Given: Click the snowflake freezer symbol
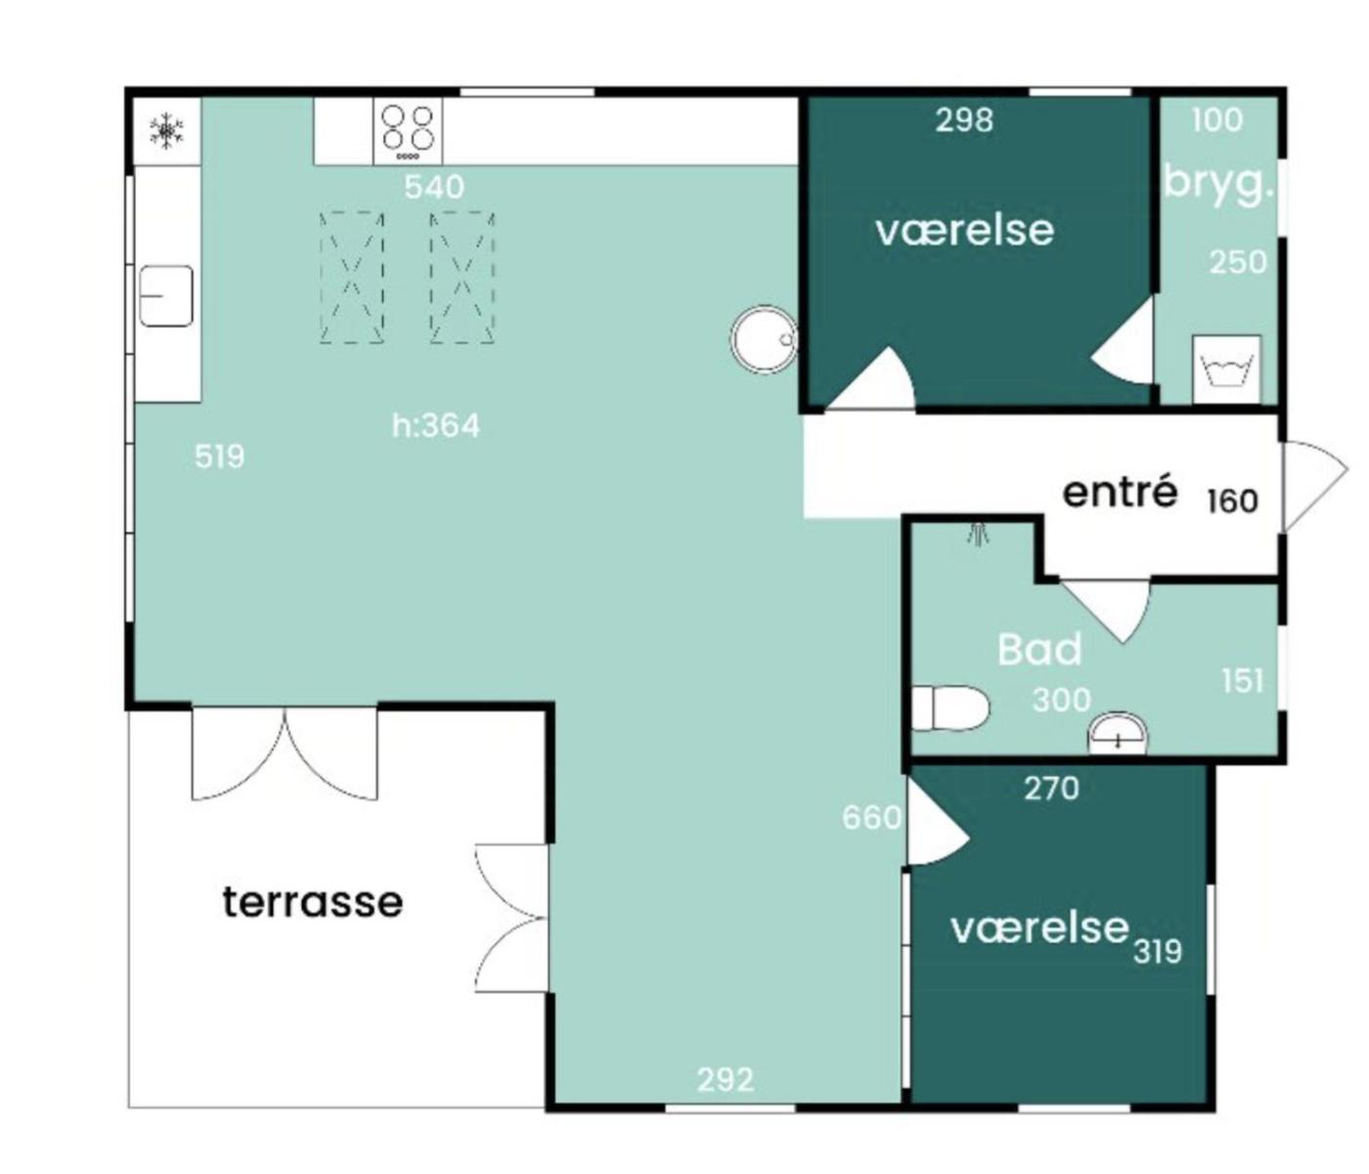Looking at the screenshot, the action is click(x=166, y=130).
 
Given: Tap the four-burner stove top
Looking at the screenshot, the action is click(x=408, y=132).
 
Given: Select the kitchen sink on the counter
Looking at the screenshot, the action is click(x=166, y=296).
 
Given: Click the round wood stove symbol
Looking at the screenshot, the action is click(x=764, y=339).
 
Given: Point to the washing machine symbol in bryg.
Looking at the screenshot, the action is click(x=1226, y=370).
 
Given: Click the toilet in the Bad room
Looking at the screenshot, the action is click(x=949, y=708).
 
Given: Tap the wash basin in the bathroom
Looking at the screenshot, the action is click(x=1119, y=734).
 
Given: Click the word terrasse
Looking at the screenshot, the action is click(x=313, y=902).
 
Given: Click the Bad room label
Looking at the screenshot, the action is click(x=1039, y=650).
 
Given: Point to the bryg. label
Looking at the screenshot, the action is click(x=1218, y=183).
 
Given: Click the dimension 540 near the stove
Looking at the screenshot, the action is click(x=434, y=188).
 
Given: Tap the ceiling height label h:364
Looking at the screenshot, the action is click(x=436, y=426).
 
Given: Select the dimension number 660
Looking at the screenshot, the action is click(x=871, y=818).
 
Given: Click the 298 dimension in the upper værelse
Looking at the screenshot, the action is click(x=964, y=120).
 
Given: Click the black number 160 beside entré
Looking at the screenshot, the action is click(x=1232, y=501).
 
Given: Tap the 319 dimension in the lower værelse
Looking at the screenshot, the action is click(x=1157, y=952).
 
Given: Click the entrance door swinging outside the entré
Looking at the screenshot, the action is click(x=1315, y=487).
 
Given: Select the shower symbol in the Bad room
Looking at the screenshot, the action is click(x=978, y=535).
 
